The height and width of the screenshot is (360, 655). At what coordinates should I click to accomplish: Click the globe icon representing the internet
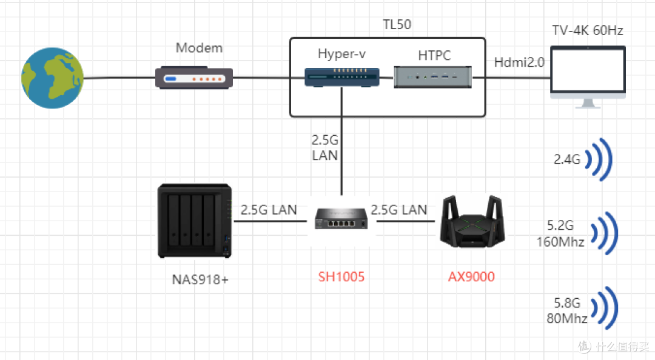point(52,79)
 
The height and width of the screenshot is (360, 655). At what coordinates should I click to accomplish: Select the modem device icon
point(194,78)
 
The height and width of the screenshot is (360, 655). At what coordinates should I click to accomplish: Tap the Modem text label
point(199,48)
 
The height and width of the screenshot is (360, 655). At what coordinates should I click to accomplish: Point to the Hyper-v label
point(341,55)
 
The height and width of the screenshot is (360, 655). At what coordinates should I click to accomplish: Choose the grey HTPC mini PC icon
point(433,77)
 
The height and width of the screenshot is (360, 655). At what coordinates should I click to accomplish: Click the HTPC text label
point(434,56)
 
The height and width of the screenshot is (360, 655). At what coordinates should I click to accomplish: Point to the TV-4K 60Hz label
point(587,30)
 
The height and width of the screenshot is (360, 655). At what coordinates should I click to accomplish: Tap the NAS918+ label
point(200,279)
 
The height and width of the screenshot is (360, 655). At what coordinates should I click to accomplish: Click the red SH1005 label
point(341,277)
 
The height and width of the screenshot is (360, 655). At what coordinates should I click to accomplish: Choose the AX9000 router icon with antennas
point(471,222)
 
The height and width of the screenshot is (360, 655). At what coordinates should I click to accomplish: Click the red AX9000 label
point(471,277)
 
